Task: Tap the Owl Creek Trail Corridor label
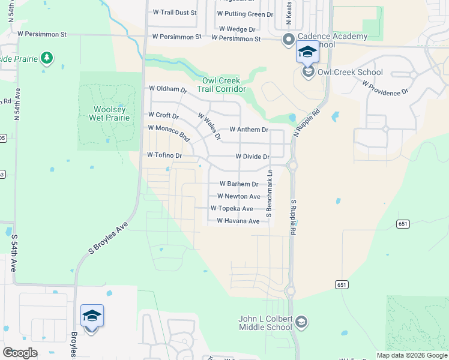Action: click(221, 85)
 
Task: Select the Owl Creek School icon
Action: click(308, 73)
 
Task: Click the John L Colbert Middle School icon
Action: click(301, 322)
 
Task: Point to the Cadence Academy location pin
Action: click(288, 40)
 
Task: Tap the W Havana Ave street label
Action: click(238, 221)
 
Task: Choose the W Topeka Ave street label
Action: click(232, 208)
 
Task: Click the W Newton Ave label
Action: click(238, 196)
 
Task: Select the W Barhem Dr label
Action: click(239, 184)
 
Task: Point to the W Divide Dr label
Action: click(253, 156)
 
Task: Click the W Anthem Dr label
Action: click(249, 129)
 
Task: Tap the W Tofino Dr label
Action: click(164, 155)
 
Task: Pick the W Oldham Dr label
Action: click(168, 89)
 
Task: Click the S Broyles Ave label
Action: click(109, 238)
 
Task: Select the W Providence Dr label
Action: click(385, 88)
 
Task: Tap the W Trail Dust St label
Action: click(175, 12)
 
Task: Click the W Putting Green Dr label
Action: click(245, 13)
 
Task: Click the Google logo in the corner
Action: click(20, 353)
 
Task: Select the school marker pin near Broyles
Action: click(92, 316)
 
